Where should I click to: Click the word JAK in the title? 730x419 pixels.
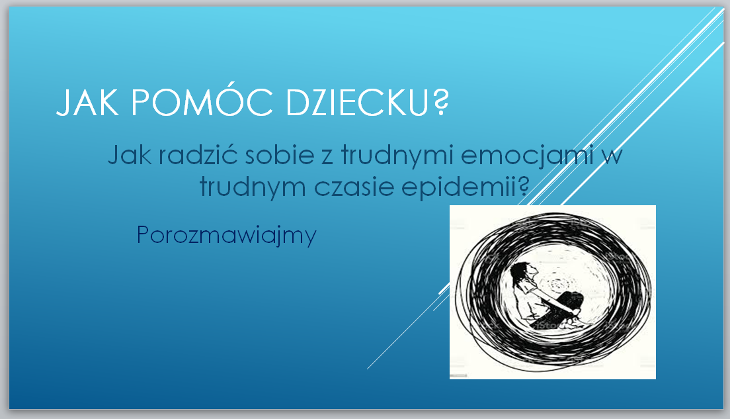coord(87,102)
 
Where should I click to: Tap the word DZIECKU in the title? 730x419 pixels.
coord(356,102)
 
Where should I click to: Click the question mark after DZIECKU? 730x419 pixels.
coord(440,102)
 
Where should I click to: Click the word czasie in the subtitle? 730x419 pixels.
coord(353,187)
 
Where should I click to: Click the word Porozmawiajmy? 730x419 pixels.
coord(226,236)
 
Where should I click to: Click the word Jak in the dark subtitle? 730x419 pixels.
coord(130,154)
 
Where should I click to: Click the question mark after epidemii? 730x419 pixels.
coord(523,186)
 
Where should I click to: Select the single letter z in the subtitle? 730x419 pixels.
coord(327,158)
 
